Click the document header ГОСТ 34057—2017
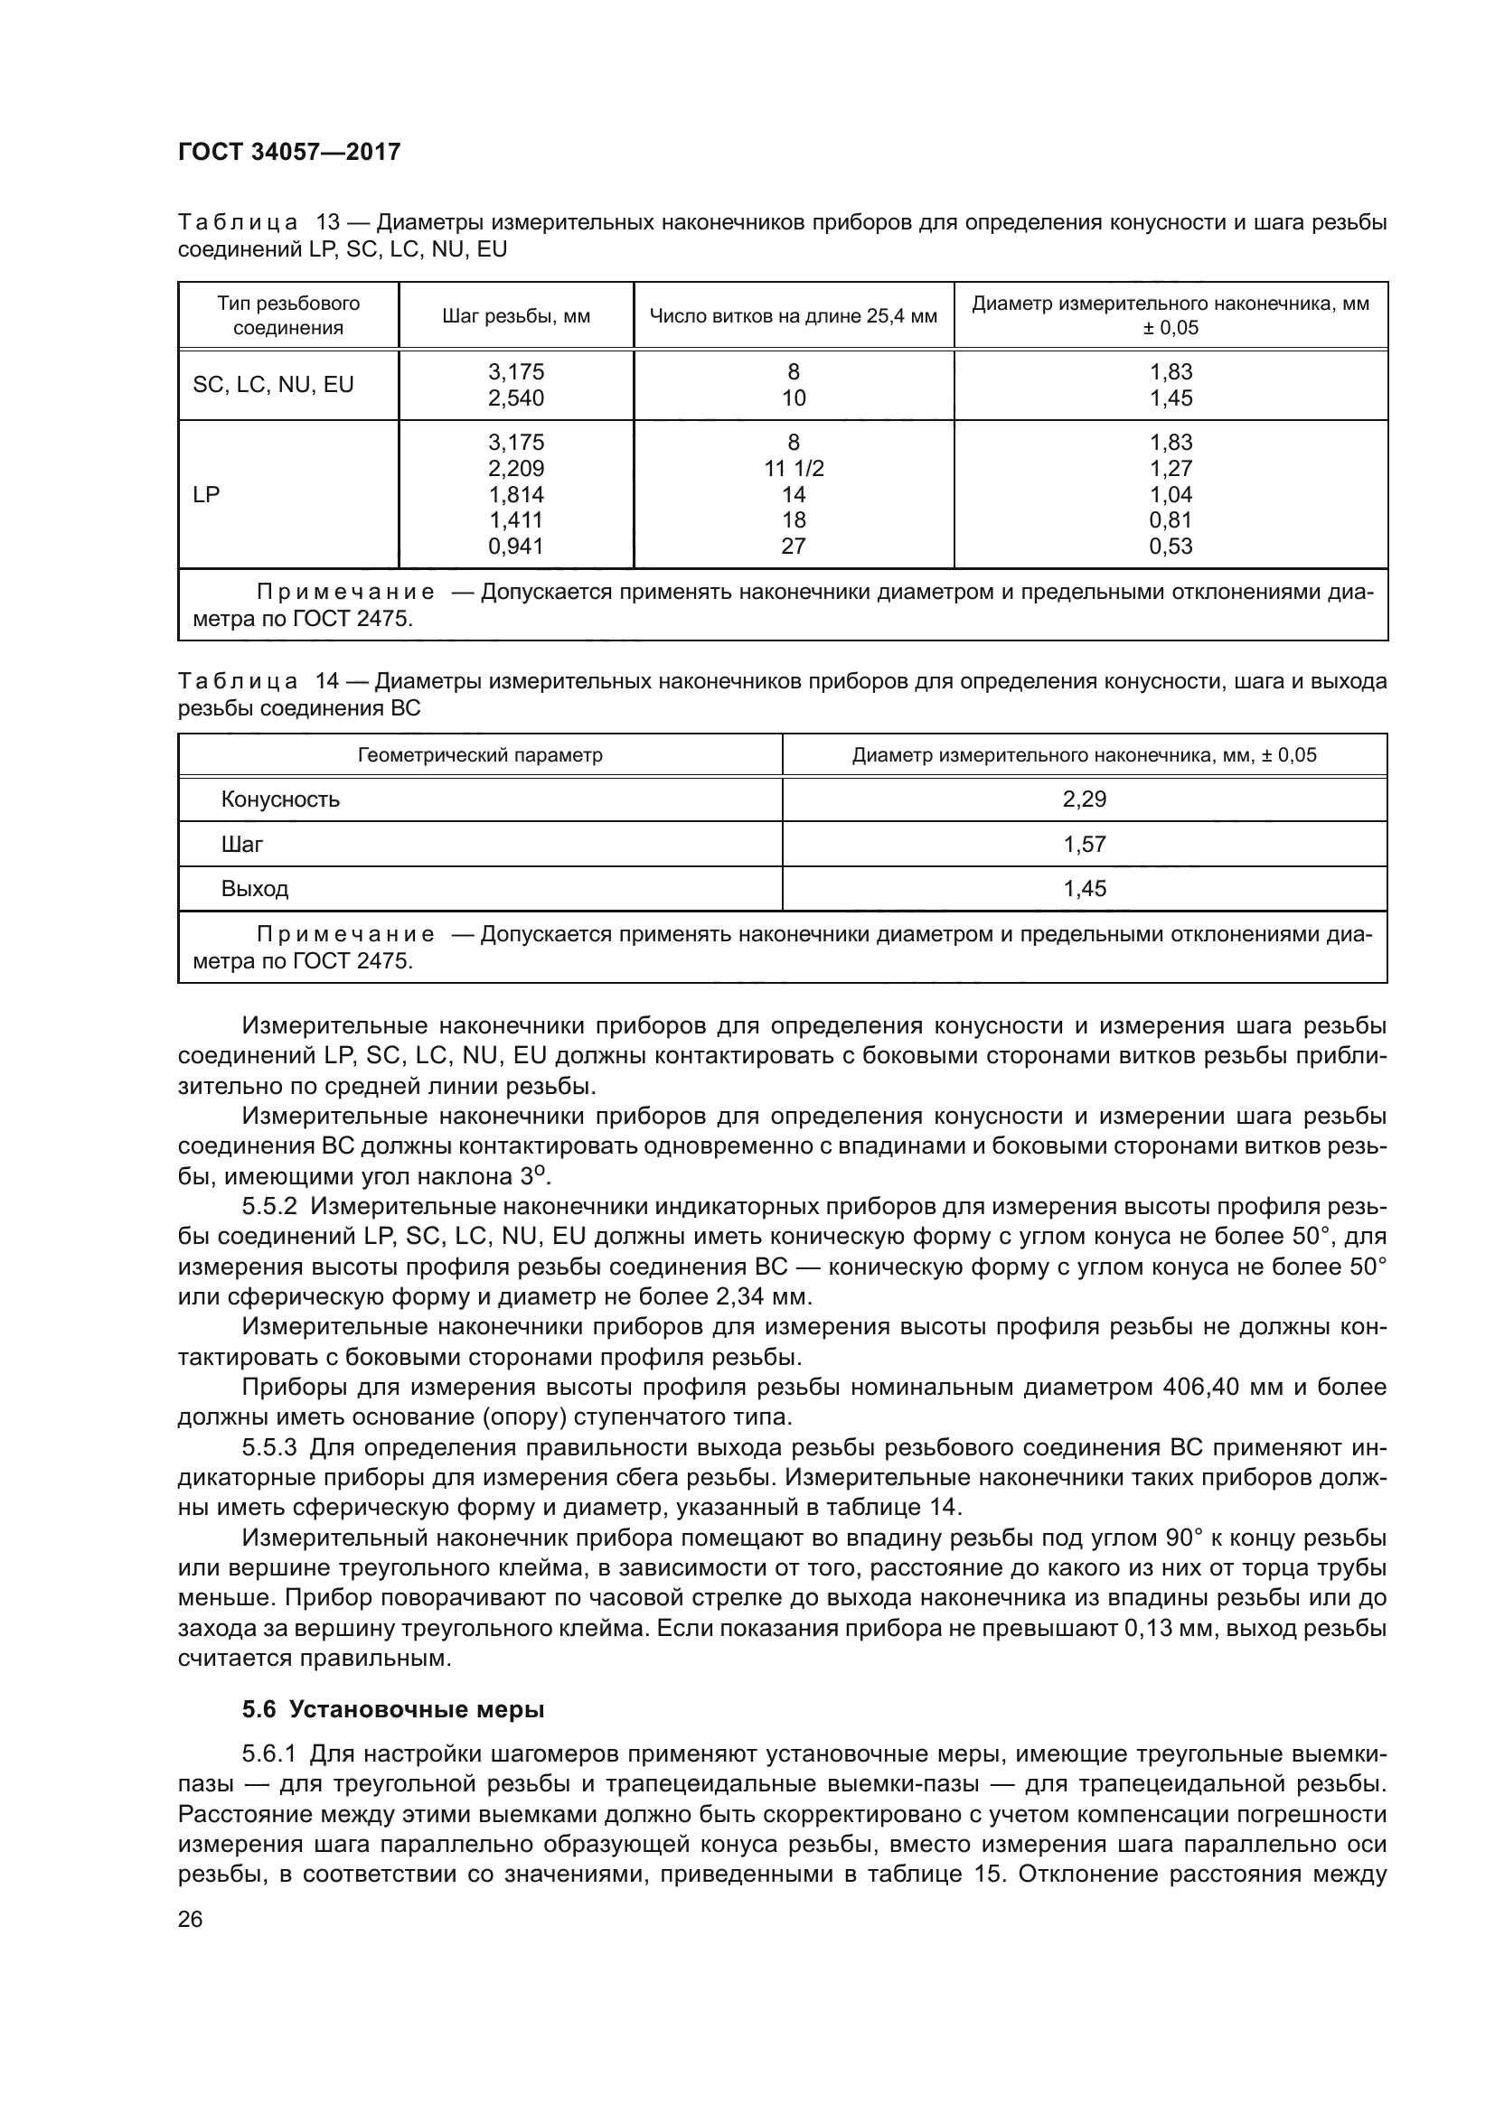click(289, 152)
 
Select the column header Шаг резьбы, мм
click(515, 316)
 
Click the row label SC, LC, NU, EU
click(272, 385)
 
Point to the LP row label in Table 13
click(206, 494)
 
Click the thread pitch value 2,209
click(515, 469)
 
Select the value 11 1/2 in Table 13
click(794, 469)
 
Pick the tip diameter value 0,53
click(1170, 547)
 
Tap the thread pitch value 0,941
click(515, 547)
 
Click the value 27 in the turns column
click(794, 547)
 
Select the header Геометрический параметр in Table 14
click(480, 755)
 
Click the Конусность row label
click(280, 799)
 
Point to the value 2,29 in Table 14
click(1085, 799)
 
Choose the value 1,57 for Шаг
click(1085, 845)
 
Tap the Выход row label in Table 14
click(255, 889)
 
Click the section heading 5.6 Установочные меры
click(393, 1710)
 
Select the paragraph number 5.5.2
click(269, 1207)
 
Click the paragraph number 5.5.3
click(269, 1447)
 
